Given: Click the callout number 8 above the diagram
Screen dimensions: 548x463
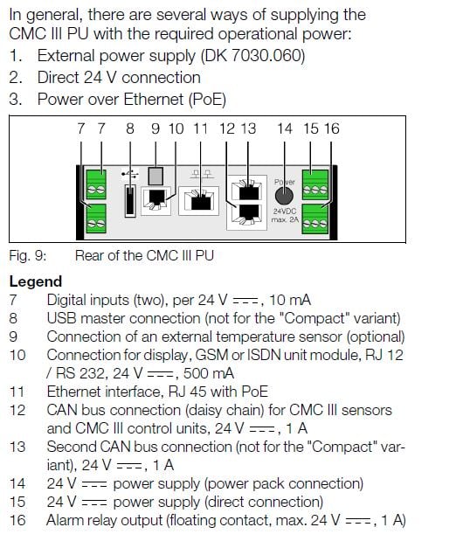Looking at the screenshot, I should tap(130, 128).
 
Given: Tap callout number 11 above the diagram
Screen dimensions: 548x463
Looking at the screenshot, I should tap(201, 128).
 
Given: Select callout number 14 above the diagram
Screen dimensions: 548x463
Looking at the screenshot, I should tap(285, 128).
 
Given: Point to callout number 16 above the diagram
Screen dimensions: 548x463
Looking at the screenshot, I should tap(332, 128).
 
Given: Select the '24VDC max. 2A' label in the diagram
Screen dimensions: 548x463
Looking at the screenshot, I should tap(285, 216).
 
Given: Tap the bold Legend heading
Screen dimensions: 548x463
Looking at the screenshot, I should tap(36, 281).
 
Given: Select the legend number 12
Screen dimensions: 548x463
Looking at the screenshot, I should tap(17, 410).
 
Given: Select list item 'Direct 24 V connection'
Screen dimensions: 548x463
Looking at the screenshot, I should tap(118, 77).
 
